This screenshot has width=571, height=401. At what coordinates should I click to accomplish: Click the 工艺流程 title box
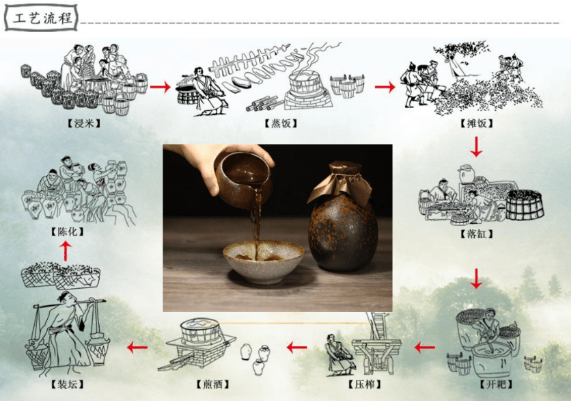41,18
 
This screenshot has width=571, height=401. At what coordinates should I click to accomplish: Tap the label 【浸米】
84,123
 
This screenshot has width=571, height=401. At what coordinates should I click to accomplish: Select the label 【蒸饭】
281,123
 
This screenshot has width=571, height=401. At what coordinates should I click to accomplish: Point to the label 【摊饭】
476,123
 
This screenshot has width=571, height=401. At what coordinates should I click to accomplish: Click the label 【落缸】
476,233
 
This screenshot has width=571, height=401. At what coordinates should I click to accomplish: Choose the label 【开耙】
496,384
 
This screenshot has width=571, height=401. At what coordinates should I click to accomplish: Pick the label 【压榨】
364,384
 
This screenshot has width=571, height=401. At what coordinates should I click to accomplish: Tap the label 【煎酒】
212,384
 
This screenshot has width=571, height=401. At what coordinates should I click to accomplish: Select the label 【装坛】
68,384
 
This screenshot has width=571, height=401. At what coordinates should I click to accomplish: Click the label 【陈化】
68,232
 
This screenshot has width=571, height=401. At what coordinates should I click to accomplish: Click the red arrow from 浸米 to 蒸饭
161,87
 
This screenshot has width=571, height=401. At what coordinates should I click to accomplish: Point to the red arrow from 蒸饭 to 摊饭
385,87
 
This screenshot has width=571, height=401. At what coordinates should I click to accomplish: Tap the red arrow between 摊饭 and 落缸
476,146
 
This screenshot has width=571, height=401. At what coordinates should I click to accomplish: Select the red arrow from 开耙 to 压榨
425,348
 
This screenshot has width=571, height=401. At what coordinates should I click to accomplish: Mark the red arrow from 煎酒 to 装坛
137,348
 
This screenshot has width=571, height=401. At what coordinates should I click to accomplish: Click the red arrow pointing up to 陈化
66,251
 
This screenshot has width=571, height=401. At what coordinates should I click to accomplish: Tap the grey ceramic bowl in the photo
263,263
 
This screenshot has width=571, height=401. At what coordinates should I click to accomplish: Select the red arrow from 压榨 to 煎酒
297,348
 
